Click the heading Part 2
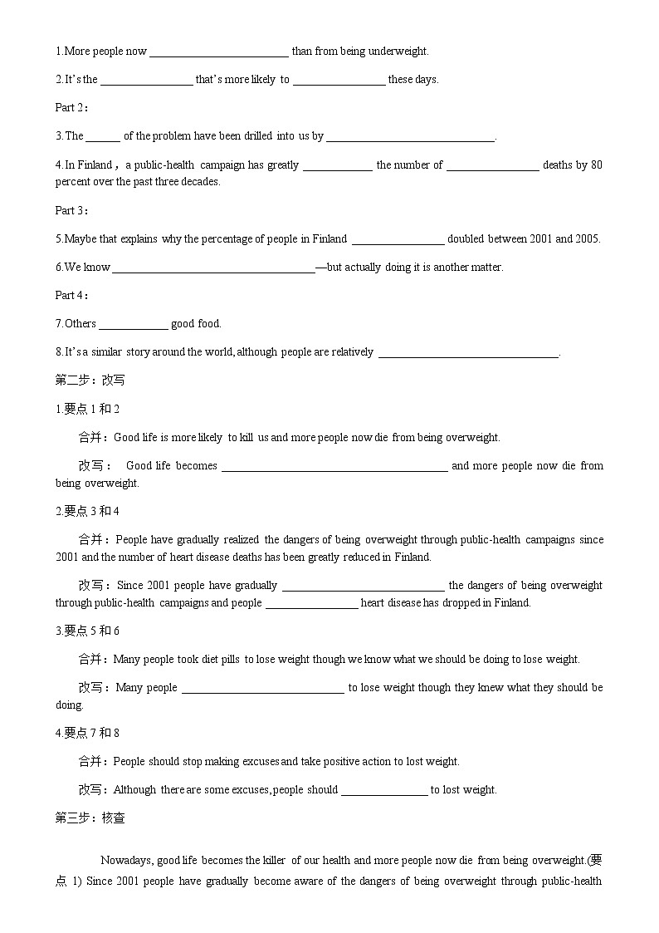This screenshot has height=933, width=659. pos(71,107)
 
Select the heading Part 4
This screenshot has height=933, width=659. pos(71,295)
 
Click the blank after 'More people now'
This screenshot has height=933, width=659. pos(219,52)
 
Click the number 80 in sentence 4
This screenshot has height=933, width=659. pos(596,165)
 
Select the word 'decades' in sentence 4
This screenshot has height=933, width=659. pos(203,182)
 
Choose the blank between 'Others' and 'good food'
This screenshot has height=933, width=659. pos(134,324)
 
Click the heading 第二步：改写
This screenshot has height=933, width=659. pos(90,380)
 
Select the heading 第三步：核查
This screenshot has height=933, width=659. pos(90,818)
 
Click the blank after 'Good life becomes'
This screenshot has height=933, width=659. pos(334,466)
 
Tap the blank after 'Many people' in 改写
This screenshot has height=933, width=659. pos(262,688)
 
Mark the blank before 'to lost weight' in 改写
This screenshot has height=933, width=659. pos(384,790)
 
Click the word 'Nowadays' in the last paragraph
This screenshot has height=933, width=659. pos(126,861)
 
